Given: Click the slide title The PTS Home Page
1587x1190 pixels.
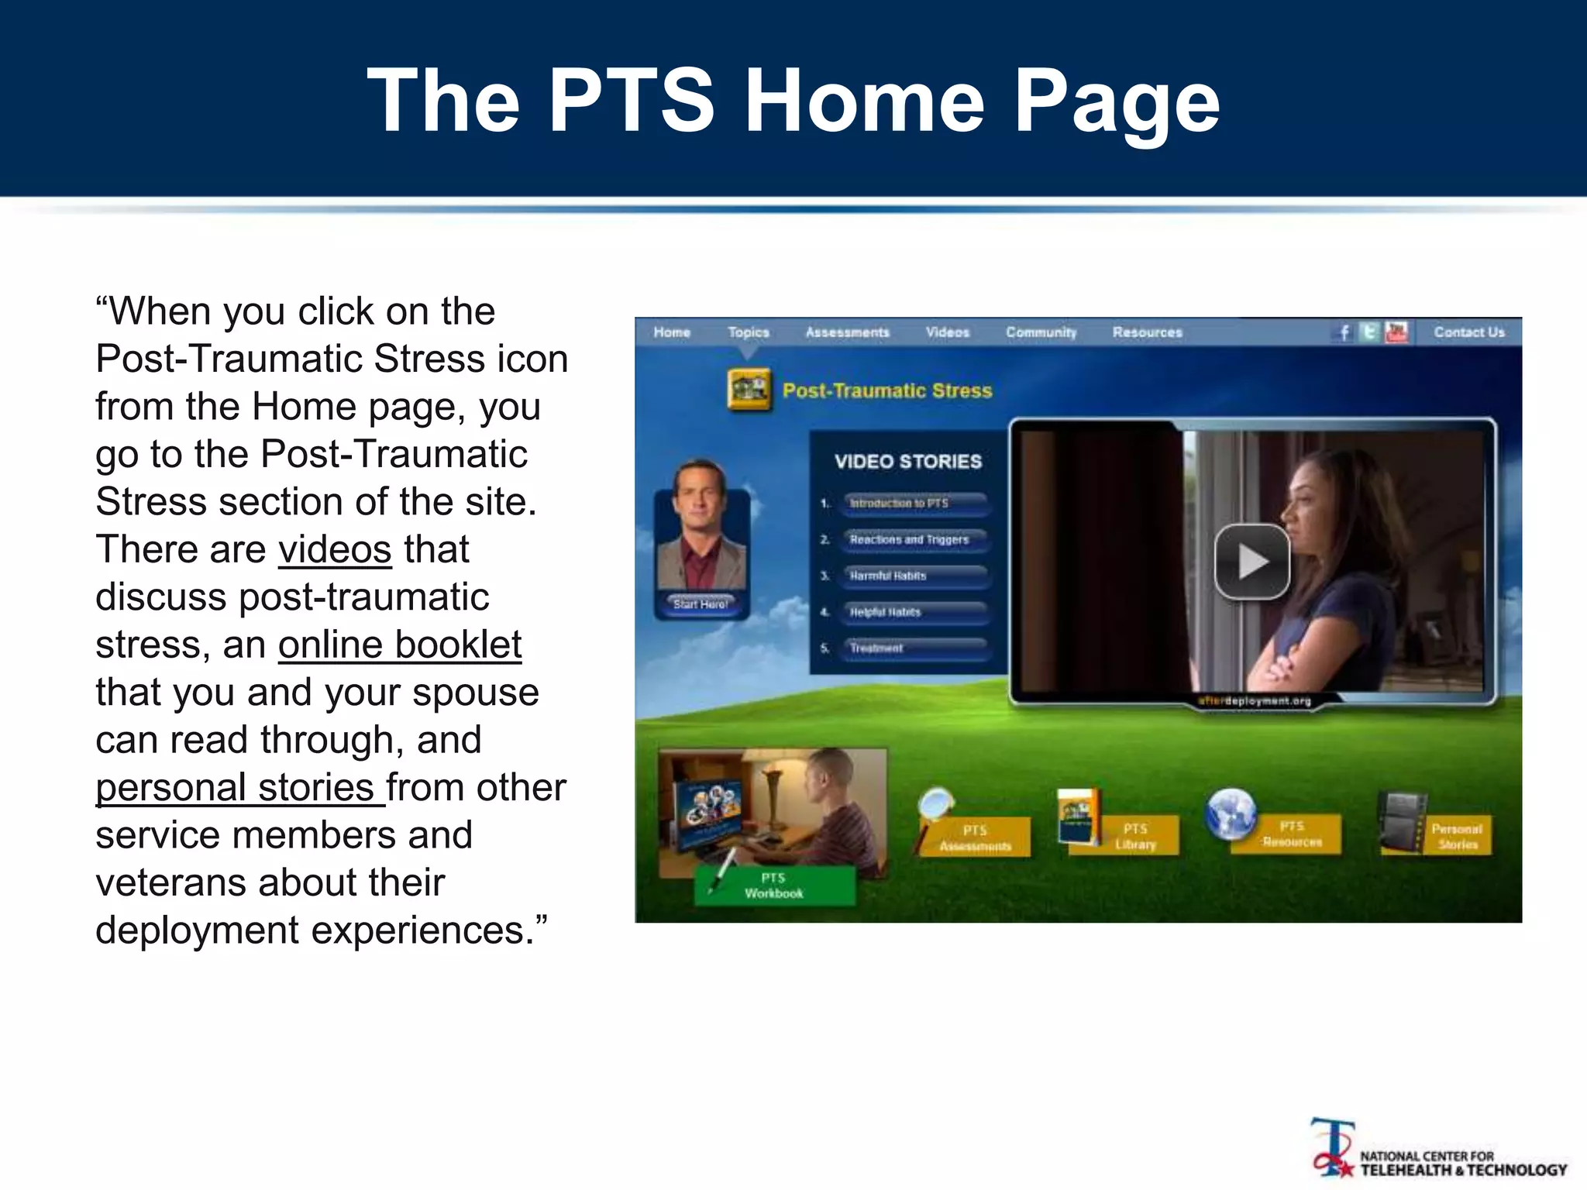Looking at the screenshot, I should (x=793, y=101).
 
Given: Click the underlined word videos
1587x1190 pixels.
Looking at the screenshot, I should (x=335, y=550).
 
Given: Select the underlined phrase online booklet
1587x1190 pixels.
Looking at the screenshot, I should (x=400, y=645).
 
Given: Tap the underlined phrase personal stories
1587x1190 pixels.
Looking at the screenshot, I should (x=239, y=788).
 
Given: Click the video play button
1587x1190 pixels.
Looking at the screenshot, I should (x=1251, y=562).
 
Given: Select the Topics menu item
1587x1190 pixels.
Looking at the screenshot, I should (x=748, y=332).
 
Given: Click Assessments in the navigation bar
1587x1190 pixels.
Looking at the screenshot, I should (x=847, y=332).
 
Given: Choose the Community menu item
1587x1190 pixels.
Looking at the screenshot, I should (x=1041, y=332).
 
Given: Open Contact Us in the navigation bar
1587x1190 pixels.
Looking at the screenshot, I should (x=1468, y=332).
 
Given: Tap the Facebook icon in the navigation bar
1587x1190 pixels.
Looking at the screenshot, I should (x=1344, y=332).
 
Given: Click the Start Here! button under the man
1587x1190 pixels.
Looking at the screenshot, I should (x=701, y=604).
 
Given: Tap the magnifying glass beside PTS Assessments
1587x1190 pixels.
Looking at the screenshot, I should (x=935, y=806).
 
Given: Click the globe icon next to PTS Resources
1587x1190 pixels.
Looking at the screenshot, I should (x=1231, y=813).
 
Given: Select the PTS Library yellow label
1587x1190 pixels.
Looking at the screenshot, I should (x=1136, y=837).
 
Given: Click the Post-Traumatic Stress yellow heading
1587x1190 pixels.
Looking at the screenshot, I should (x=887, y=390).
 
